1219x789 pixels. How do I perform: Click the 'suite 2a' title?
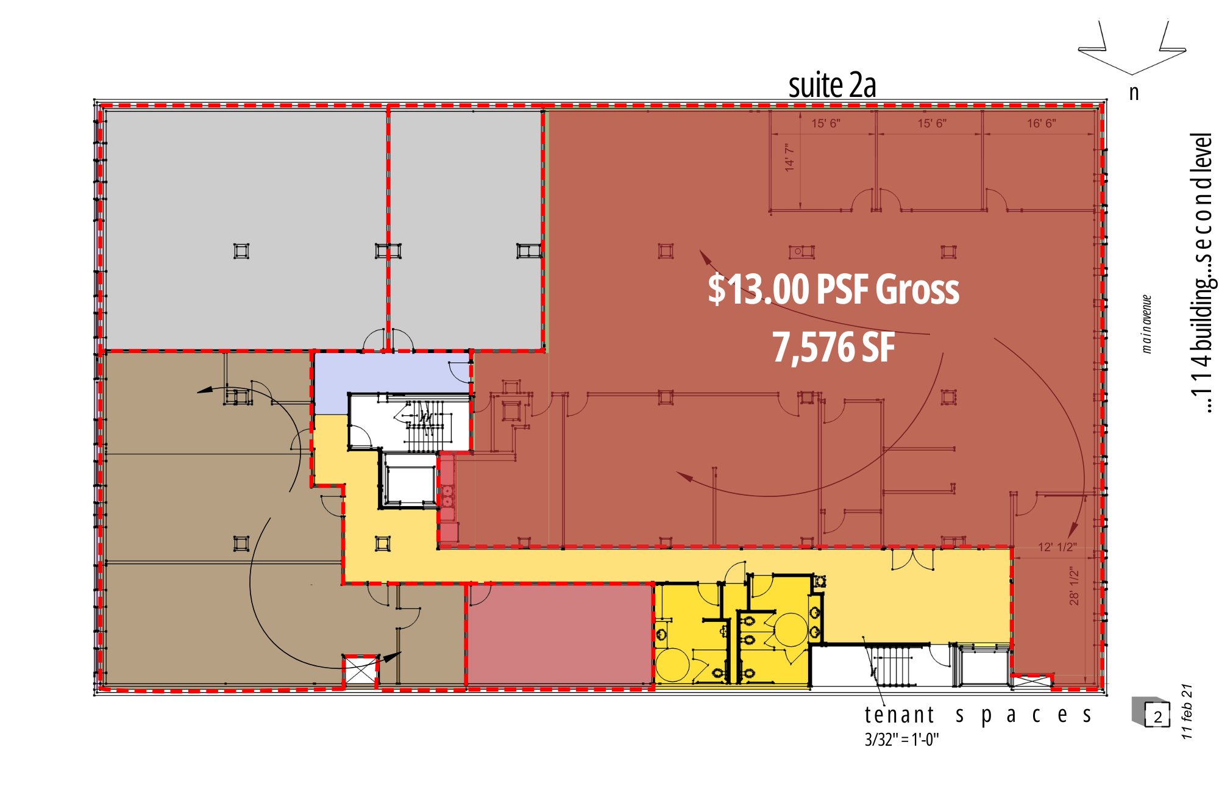(832, 85)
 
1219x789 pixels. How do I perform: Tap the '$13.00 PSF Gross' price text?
(833, 289)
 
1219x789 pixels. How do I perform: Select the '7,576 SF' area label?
(833, 348)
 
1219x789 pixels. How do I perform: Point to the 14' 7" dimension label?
(790, 157)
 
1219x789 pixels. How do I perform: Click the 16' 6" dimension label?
(1041, 123)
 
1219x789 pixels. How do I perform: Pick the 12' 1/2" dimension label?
(1057, 547)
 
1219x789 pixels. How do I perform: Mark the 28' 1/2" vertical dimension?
(1074, 586)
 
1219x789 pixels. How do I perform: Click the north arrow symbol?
(1132, 49)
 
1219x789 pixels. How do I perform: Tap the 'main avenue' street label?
(1146, 324)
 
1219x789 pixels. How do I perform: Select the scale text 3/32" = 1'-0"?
(901, 740)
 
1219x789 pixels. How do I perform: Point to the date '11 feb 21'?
(1187, 712)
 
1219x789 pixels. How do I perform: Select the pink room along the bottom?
(560, 634)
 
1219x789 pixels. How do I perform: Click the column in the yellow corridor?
(383, 543)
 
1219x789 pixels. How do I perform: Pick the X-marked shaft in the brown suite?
(361, 671)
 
